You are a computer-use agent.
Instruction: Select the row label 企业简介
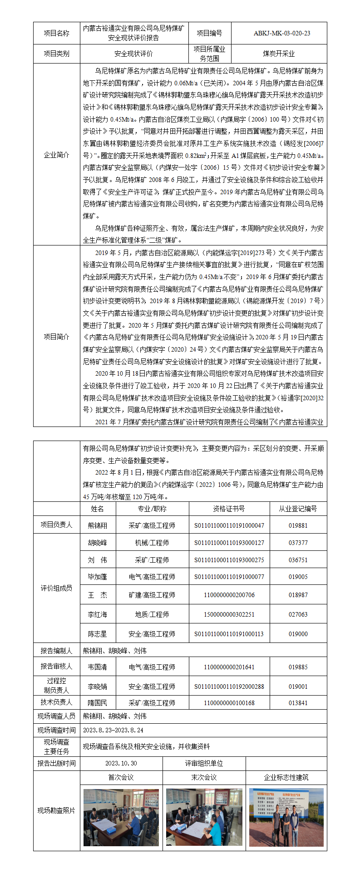(56, 155)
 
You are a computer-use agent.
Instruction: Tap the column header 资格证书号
(229, 509)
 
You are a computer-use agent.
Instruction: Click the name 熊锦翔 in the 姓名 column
(98, 525)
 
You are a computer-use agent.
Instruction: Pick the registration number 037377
(298, 543)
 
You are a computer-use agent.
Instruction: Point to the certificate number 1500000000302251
(229, 614)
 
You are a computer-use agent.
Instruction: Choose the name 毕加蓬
(98, 577)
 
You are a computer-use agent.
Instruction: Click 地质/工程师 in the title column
(152, 614)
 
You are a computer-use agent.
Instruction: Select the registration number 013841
(298, 703)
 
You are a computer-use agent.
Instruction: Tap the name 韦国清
(98, 667)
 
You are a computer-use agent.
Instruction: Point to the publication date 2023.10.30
(121, 763)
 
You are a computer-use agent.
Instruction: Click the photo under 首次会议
(121, 817)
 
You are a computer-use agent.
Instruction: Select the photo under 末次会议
(204, 817)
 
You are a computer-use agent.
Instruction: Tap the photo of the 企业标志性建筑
(286, 817)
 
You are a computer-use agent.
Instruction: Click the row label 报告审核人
(56, 667)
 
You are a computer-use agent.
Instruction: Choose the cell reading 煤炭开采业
(279, 54)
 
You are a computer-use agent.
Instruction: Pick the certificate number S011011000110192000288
(229, 687)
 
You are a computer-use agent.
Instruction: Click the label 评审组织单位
(204, 763)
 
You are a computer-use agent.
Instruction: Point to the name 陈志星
(98, 634)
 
